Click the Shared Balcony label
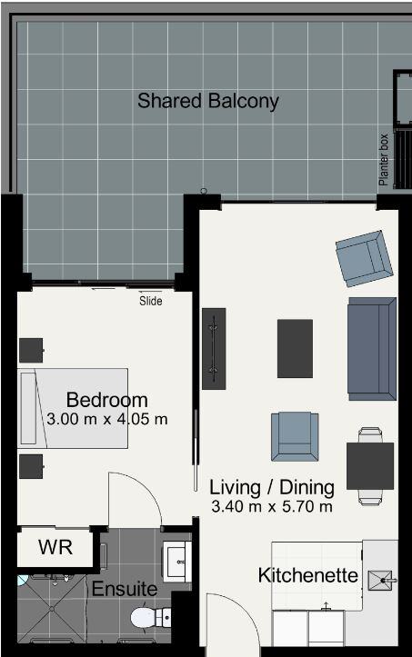point(208,102)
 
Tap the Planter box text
point(384,160)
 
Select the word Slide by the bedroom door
point(151,301)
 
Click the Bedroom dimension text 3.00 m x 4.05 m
point(107,419)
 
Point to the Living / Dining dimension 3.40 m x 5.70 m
point(272,506)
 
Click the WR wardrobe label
point(55,547)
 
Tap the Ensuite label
point(125,589)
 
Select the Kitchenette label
point(308,575)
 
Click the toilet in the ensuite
point(151,617)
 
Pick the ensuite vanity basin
point(177,562)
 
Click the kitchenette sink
point(381,581)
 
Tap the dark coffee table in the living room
point(295,349)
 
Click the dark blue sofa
point(372,349)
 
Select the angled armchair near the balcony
point(364,258)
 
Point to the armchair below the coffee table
point(295,436)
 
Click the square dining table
point(370,466)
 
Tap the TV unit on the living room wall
point(214,349)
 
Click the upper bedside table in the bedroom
point(31,350)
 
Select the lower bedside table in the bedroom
point(31,466)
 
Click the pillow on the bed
point(28,408)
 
